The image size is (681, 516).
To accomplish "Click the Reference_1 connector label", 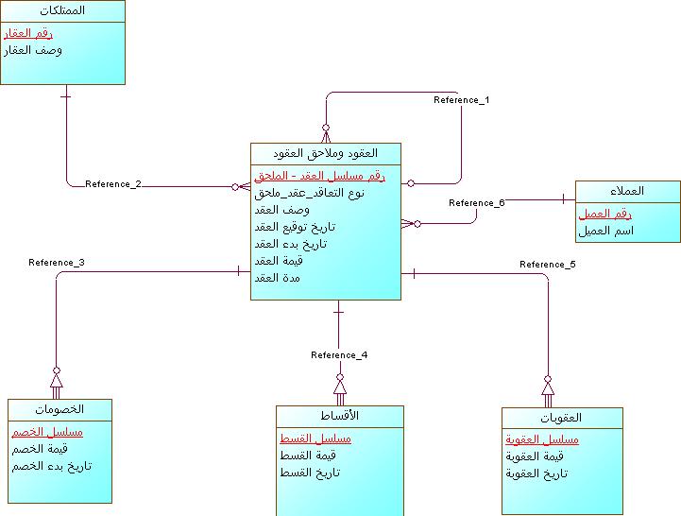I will (461, 99).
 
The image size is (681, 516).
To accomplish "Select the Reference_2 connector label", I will (113, 183).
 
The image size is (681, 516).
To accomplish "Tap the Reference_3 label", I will (57, 262).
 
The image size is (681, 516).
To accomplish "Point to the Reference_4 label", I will (339, 355).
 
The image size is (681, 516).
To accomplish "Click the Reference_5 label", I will (548, 264).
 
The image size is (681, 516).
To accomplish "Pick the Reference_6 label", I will (477, 203).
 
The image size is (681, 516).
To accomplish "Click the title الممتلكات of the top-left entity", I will (64, 10).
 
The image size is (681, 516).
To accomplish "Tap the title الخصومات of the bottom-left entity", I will (60, 409).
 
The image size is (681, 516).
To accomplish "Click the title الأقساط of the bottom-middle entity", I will (340, 416).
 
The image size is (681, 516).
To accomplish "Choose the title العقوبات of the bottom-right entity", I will (562, 418).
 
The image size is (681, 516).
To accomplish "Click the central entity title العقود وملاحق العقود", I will (325, 153).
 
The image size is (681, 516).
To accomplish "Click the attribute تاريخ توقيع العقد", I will (295, 227).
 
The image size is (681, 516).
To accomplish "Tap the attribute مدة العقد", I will (278, 278).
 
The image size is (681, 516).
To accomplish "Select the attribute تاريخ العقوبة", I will (536, 473).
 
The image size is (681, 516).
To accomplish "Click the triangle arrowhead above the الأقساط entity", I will (340, 387).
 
